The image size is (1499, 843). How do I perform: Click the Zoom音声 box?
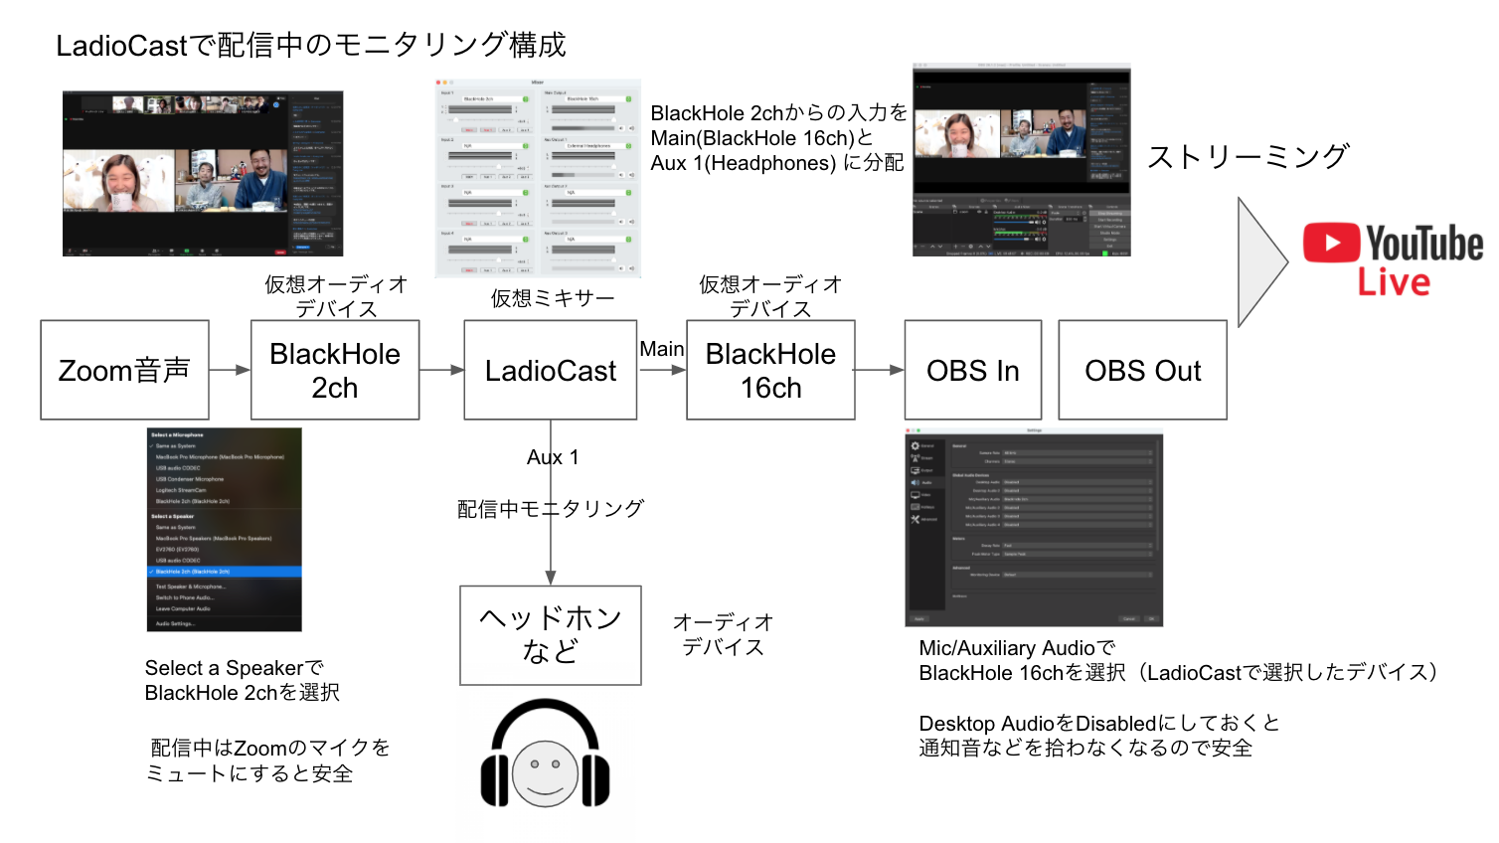click(x=124, y=370)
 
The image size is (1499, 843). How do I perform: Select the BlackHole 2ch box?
click(x=335, y=370)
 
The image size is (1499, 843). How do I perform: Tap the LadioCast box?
click(x=551, y=370)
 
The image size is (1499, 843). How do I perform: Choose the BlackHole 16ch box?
click(x=770, y=370)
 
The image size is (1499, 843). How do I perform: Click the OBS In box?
click(x=972, y=370)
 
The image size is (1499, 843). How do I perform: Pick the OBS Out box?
click(x=1142, y=370)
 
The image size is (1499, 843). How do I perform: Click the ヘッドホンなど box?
click(x=550, y=635)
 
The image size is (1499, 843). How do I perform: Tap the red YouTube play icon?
click(x=1331, y=243)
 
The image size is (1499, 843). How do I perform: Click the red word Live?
click(x=1394, y=282)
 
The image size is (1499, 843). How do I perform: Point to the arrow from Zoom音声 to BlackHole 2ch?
click(x=230, y=370)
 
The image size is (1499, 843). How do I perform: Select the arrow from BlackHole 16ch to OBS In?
click(x=879, y=370)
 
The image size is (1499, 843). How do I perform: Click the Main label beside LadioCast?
click(x=661, y=349)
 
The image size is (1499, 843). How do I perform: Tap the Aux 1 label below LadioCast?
click(x=553, y=457)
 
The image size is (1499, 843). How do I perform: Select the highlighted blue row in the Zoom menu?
click(x=224, y=572)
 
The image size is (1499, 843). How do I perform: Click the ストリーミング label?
click(x=1248, y=157)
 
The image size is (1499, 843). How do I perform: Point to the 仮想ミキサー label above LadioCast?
click(x=552, y=298)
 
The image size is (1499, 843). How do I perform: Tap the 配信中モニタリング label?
click(x=550, y=509)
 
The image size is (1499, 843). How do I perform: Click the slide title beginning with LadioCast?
click(x=310, y=45)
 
